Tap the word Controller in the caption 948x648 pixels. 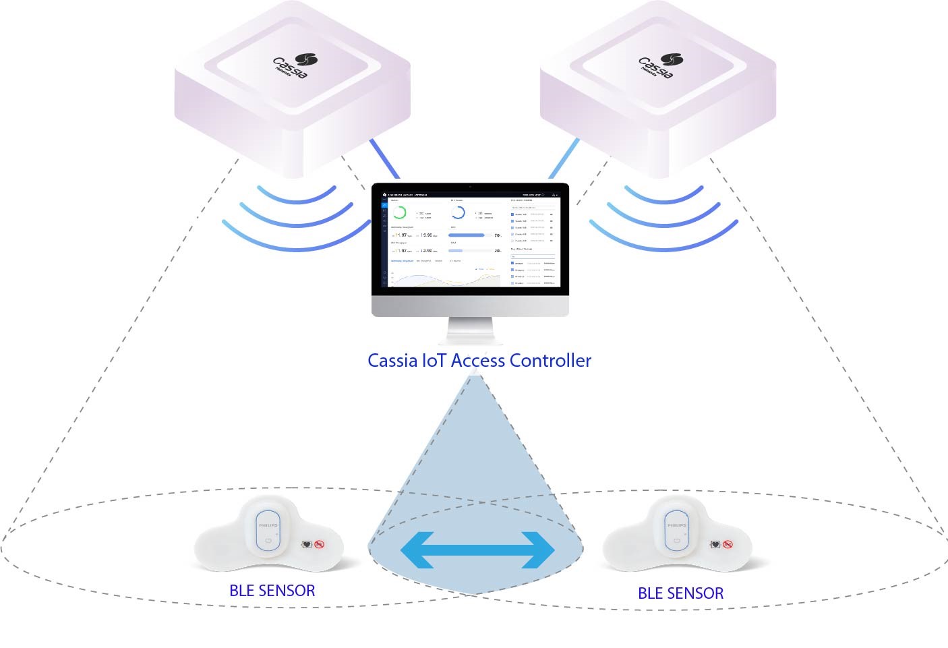point(550,361)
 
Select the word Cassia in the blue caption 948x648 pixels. point(392,361)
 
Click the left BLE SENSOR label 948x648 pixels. point(272,591)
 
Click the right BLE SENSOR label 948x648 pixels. point(680,593)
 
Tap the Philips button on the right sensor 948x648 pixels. point(676,532)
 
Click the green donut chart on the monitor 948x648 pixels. point(399,213)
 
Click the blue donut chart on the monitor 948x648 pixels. point(458,213)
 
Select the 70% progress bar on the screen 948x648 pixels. point(467,235)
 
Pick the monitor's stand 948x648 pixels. point(471,332)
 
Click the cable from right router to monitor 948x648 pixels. point(564,159)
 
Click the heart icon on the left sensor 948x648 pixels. point(307,544)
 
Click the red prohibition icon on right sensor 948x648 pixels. point(728,544)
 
